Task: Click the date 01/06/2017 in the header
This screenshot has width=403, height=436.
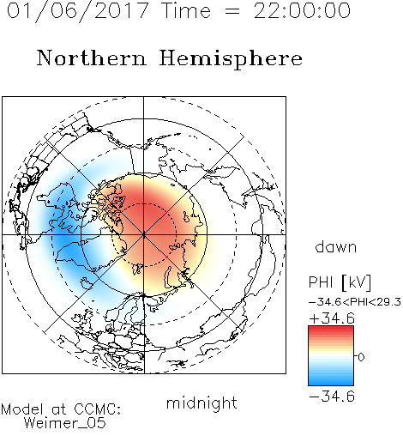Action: click(x=77, y=11)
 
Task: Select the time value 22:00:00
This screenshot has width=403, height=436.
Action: click(x=302, y=11)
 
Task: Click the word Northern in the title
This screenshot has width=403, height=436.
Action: click(x=92, y=58)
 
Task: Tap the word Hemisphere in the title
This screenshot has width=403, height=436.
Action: click(x=231, y=59)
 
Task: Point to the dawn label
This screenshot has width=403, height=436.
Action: click(x=336, y=247)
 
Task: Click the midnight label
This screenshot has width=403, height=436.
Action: click(x=201, y=403)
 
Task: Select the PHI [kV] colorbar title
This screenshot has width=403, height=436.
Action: click(x=340, y=282)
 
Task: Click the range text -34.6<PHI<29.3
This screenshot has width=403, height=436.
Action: click(x=355, y=302)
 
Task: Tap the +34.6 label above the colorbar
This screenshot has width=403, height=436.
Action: click(x=332, y=318)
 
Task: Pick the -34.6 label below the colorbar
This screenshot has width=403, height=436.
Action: click(x=332, y=397)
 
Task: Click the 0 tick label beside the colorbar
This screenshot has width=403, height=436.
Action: click(x=361, y=357)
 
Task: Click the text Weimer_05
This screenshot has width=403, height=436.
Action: click(x=65, y=422)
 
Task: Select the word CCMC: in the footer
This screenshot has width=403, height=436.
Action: click(x=98, y=409)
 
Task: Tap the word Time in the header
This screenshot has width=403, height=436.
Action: click(x=186, y=11)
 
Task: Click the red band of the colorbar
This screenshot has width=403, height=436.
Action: click(x=331, y=332)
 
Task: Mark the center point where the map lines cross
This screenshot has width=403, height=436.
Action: click(x=143, y=234)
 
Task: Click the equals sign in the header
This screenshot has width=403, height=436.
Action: click(x=232, y=11)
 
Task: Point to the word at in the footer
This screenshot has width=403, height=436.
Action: click(x=58, y=409)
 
